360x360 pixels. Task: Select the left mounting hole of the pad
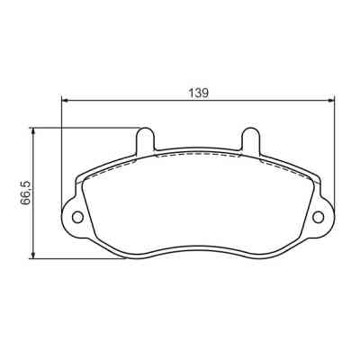(76, 216)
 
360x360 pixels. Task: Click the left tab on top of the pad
(144, 139)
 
